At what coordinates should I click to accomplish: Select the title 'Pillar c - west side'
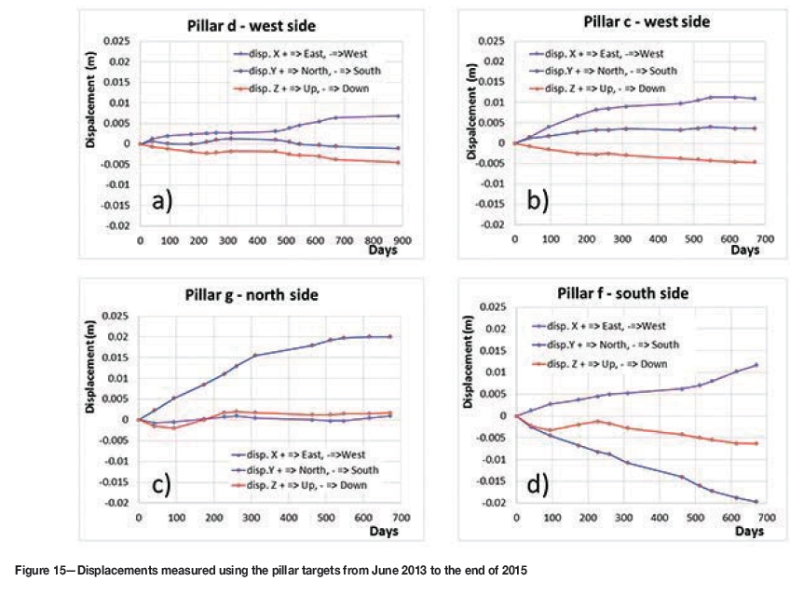(x=646, y=21)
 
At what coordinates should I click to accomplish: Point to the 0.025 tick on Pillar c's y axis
(x=491, y=42)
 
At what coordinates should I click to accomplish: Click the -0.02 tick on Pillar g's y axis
(x=118, y=503)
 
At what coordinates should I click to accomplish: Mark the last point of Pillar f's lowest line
(x=756, y=502)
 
